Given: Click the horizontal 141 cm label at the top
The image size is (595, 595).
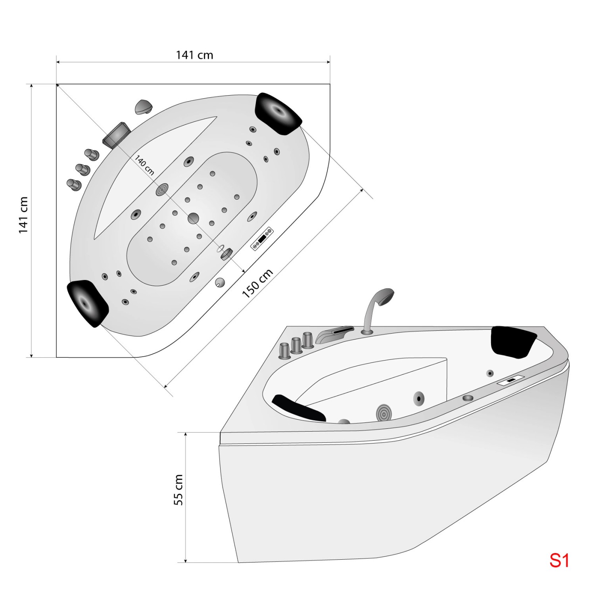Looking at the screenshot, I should click(194, 55).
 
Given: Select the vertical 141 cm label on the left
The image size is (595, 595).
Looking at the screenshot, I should click(23, 215).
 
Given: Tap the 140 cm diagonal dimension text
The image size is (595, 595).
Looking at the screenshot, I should click(144, 165).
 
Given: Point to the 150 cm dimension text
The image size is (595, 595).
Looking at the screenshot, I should click(257, 283).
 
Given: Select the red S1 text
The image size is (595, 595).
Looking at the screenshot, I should click(559, 560).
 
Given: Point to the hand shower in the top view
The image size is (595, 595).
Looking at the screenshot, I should click(143, 106).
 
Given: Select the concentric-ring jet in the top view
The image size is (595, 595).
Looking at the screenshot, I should click(162, 190).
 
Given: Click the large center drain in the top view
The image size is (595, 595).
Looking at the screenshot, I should click(194, 218).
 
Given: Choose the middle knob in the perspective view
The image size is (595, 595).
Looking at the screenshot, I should click(296, 345).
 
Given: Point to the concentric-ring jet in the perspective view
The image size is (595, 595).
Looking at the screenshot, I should click(384, 413).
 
